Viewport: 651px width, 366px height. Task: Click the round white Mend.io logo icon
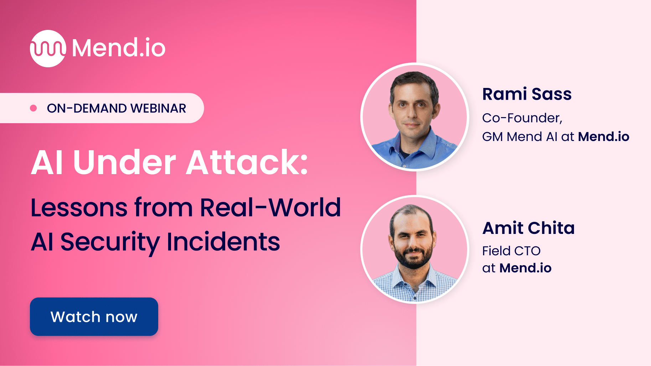click(x=48, y=48)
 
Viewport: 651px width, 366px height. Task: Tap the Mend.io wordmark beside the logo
click(x=119, y=48)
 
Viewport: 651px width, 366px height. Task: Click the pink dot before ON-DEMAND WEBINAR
click(x=33, y=108)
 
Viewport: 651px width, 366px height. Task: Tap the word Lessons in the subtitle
click(x=79, y=208)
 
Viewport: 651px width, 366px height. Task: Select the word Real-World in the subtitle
click(x=270, y=208)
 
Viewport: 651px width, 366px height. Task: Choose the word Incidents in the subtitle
click(x=223, y=242)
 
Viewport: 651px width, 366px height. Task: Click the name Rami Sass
click(x=527, y=94)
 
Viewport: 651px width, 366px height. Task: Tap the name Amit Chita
click(x=528, y=228)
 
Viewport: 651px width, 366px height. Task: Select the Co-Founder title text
click(x=522, y=118)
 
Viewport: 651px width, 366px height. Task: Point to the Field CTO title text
click(x=511, y=251)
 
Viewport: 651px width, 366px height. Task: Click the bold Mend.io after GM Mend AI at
click(x=603, y=137)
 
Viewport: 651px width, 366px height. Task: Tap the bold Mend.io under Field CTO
click(x=525, y=268)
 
